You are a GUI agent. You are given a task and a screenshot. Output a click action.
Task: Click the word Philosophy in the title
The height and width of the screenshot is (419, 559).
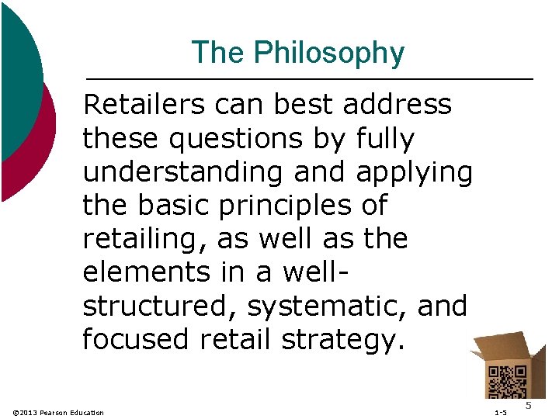click(330, 53)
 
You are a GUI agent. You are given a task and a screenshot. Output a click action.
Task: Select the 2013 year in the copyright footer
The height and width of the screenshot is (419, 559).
click(30, 412)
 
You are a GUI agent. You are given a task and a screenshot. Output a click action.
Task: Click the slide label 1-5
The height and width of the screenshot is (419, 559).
click(500, 412)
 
